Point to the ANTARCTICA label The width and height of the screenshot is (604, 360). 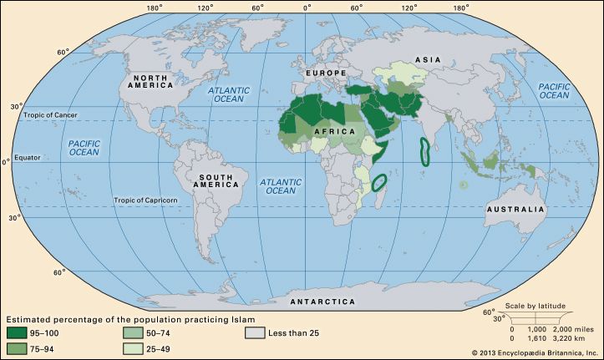pos(321,301)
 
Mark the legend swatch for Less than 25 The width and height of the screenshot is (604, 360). pos(255,334)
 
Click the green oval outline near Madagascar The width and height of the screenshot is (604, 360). pos(380,182)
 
